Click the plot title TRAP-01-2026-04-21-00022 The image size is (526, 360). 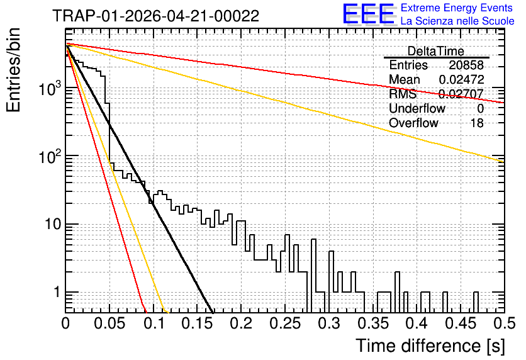(x=155, y=16)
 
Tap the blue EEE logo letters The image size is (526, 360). (x=369, y=14)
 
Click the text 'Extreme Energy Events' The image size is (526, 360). (x=457, y=8)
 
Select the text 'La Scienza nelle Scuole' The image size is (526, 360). (x=457, y=21)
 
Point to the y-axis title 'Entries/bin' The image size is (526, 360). (x=13, y=70)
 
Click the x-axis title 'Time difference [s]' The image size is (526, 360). (x=430, y=346)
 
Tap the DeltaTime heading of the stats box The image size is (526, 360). (x=436, y=51)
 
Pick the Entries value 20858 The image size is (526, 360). (x=466, y=65)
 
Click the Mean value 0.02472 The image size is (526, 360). (x=461, y=79)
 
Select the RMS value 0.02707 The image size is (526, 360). (x=461, y=94)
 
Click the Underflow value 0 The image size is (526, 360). (x=480, y=108)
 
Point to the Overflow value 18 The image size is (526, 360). (x=477, y=123)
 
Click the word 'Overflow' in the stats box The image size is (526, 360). (x=413, y=123)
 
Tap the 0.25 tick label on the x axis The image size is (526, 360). (x=286, y=323)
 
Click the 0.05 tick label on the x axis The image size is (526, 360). (x=109, y=323)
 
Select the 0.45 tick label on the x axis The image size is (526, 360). (x=461, y=323)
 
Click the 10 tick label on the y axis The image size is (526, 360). (x=53, y=224)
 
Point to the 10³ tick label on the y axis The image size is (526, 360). (x=50, y=89)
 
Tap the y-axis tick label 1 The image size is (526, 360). (x=57, y=292)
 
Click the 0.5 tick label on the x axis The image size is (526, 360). (x=505, y=323)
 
